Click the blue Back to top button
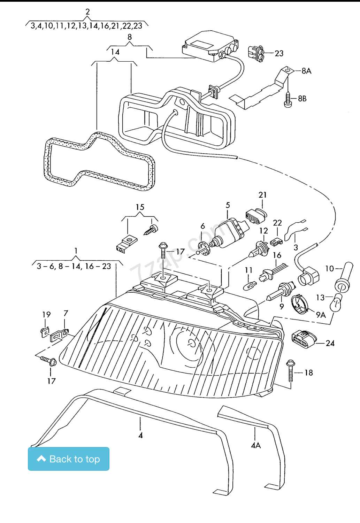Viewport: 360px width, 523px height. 69,459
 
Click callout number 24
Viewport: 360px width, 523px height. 330,343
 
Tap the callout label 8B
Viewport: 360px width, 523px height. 302,99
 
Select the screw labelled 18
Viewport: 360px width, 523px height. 291,371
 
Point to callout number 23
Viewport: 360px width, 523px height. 279,53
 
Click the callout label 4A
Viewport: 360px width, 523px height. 256,446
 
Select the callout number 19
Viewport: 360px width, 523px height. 46,315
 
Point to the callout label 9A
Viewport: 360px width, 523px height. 321,315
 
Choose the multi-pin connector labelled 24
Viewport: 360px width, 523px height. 304,339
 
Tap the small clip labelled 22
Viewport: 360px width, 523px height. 276,242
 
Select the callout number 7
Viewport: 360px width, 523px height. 66,313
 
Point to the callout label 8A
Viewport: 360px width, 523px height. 307,71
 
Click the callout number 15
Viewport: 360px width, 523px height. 140,207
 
